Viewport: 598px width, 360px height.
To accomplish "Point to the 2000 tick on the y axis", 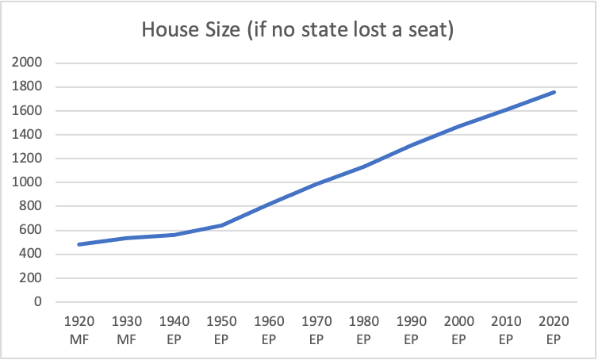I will [29, 63].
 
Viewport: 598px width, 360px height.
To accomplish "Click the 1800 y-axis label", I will [29, 86].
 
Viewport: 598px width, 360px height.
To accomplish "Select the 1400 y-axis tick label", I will [29, 135].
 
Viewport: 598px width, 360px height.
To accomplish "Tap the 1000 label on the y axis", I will [29, 182].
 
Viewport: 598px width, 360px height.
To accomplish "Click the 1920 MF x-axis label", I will [80, 331].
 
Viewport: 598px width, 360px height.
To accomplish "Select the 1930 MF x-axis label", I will [128, 331].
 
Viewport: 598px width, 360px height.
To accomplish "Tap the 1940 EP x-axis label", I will [174, 331].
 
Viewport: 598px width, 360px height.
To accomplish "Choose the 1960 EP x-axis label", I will [270, 331].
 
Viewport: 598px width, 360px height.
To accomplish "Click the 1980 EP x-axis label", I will [364, 331].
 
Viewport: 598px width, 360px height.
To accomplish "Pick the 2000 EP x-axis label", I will [459, 331].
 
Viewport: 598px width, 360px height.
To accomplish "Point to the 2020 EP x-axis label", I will [554, 331].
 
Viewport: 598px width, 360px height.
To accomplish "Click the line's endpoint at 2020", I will [554, 92].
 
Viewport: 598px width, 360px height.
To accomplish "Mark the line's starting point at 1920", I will [80, 244].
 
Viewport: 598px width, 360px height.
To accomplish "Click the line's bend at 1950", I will [222, 225].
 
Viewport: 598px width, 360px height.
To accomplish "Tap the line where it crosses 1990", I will [412, 145].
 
